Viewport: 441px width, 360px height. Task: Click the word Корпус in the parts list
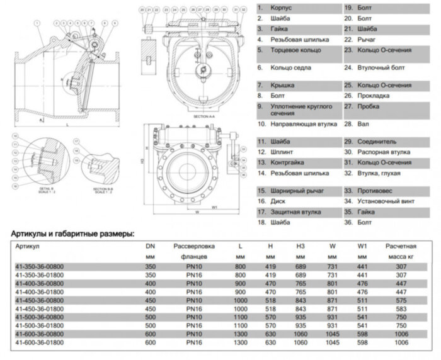pos(280,8)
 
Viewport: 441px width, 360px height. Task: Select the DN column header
pos(150,247)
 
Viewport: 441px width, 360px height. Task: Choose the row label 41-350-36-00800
pos(39,267)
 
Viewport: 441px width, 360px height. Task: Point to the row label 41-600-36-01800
pos(39,342)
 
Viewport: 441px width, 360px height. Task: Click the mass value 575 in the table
pos(401,301)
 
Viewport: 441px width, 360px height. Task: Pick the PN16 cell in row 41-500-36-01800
pos(194,326)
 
